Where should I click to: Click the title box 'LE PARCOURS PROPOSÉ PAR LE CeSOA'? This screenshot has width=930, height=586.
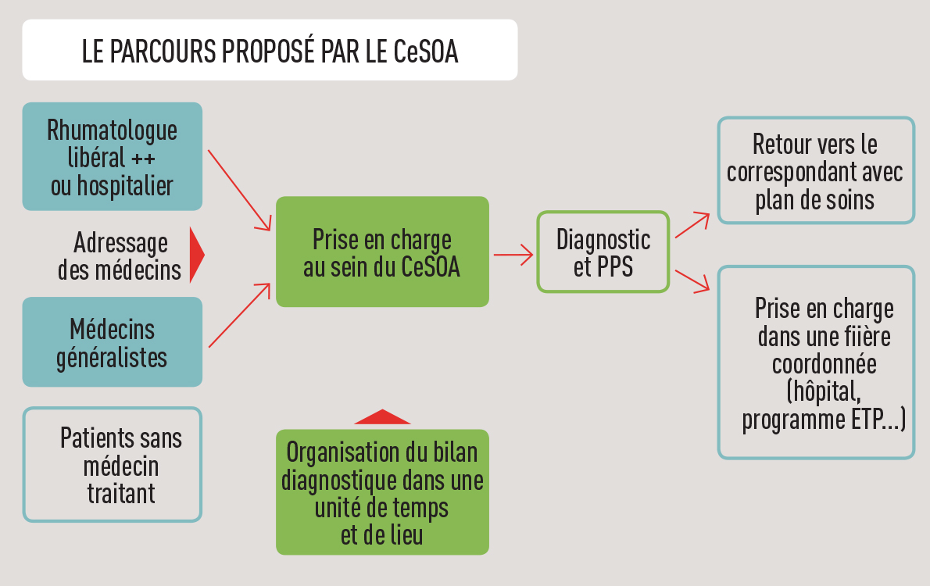(270, 50)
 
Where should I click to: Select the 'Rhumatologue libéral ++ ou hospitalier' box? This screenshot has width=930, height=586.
(112, 156)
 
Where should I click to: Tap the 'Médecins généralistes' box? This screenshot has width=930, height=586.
(112, 342)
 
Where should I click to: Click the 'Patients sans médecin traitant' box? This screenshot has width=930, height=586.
(112, 464)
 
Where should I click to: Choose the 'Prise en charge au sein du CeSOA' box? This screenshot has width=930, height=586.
(382, 252)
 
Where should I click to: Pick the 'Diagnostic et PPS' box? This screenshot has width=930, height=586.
(603, 252)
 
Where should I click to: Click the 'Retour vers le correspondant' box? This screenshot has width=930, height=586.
(815, 170)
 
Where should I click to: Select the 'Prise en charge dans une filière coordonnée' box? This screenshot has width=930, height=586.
(815, 363)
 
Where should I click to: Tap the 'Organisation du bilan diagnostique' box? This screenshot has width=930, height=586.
(382, 491)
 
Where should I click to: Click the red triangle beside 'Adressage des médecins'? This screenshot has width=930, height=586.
(196, 255)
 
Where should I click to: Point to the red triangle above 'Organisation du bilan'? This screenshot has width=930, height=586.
(382, 417)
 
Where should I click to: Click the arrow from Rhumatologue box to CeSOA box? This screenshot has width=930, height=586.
(239, 190)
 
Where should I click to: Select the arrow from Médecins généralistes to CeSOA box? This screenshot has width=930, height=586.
(239, 316)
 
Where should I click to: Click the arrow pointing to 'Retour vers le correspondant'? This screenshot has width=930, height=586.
(692, 224)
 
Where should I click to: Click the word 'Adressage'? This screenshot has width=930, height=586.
(120, 243)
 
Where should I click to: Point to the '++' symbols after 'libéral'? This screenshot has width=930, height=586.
(142, 159)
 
